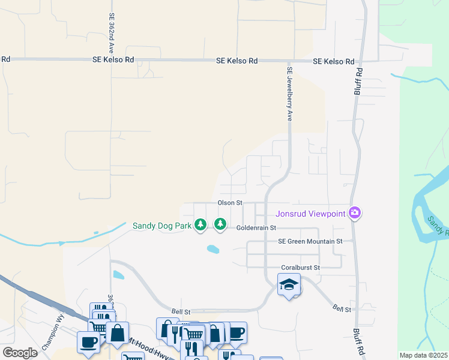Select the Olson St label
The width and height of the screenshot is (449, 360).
[229, 203]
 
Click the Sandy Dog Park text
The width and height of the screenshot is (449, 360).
[161, 226]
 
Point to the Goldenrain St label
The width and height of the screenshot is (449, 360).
[256, 228]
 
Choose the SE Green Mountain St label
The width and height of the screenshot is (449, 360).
[310, 241]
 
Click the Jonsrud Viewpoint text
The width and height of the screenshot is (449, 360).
[310, 214]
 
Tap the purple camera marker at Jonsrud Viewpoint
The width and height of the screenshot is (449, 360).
[355, 213]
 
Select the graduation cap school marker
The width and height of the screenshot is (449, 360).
[289, 284]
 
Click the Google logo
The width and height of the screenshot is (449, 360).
[19, 353]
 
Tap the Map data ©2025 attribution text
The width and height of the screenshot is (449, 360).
[423, 355]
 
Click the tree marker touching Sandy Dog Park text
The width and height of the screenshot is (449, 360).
[200, 225]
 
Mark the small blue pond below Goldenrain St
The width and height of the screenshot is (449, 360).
[212, 248]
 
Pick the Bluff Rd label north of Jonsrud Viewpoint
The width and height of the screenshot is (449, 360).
[358, 81]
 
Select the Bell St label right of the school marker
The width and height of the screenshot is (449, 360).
[342, 308]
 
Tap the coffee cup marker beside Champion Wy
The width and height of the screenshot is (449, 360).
[89, 342]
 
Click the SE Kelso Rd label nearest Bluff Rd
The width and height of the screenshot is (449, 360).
[333, 62]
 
